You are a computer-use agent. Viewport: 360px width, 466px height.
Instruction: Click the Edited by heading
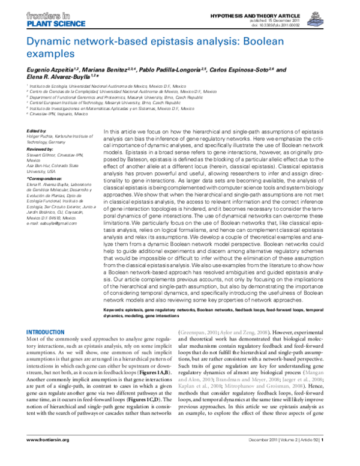point(35,130)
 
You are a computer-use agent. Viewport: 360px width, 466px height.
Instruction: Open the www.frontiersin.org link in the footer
point(48,457)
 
